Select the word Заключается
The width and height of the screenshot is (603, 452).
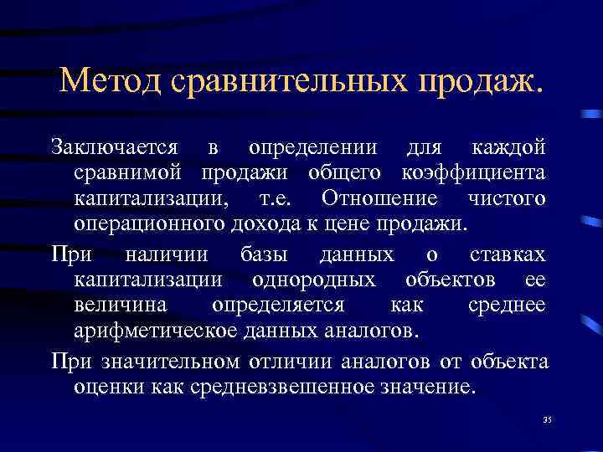tap(114, 147)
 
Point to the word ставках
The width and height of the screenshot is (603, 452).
tap(508, 253)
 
